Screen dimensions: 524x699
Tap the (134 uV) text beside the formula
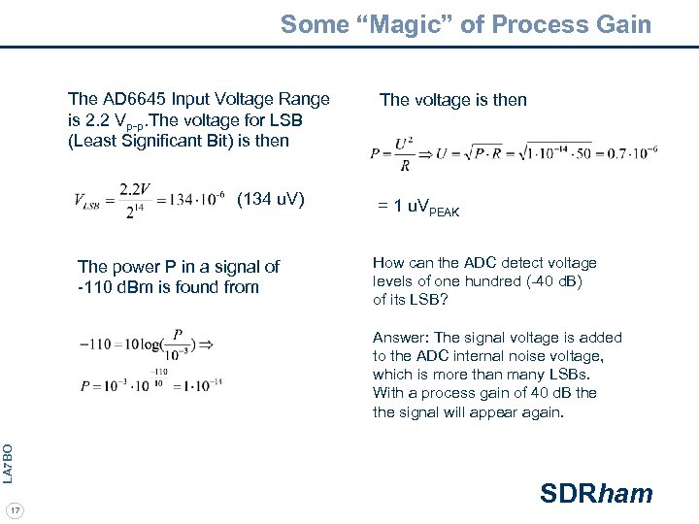pos(271,200)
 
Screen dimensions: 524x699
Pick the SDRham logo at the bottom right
pos(596,494)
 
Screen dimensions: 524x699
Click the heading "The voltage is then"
pos(453,99)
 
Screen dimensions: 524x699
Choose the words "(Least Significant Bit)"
pos(152,142)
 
